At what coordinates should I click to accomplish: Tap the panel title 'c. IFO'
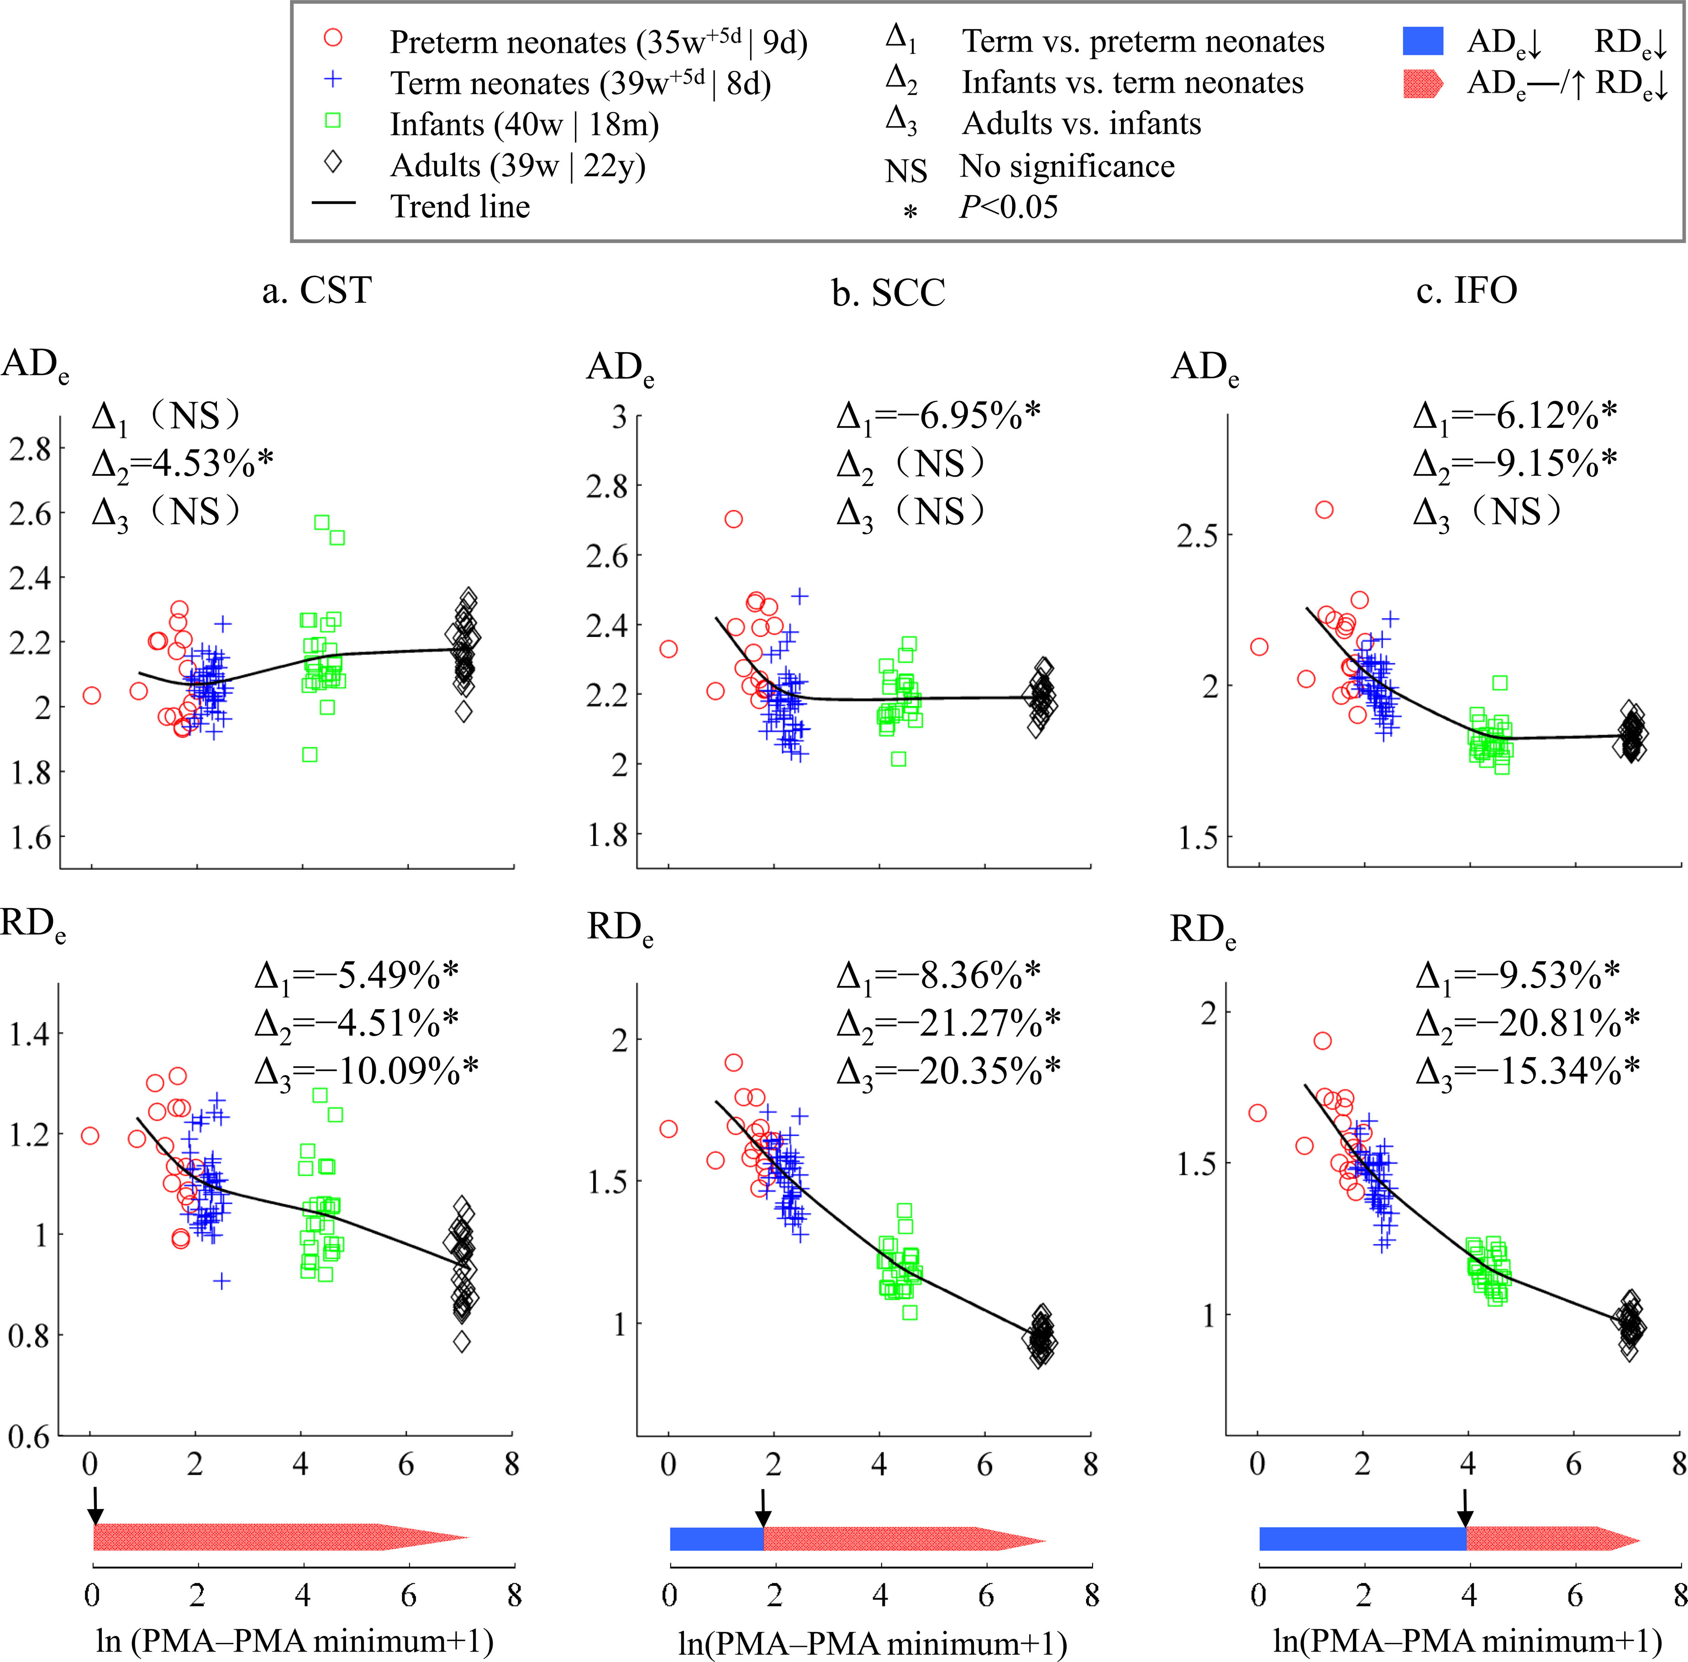[1466, 291]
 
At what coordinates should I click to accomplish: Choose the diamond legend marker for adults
[332, 163]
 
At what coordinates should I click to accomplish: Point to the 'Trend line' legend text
[460, 207]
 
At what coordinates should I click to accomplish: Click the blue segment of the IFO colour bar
[1362, 1539]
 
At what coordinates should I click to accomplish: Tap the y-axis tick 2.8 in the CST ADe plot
[31, 450]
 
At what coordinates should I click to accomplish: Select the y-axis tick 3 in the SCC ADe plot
[619, 417]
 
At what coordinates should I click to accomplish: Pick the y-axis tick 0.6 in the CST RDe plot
[31, 1437]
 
